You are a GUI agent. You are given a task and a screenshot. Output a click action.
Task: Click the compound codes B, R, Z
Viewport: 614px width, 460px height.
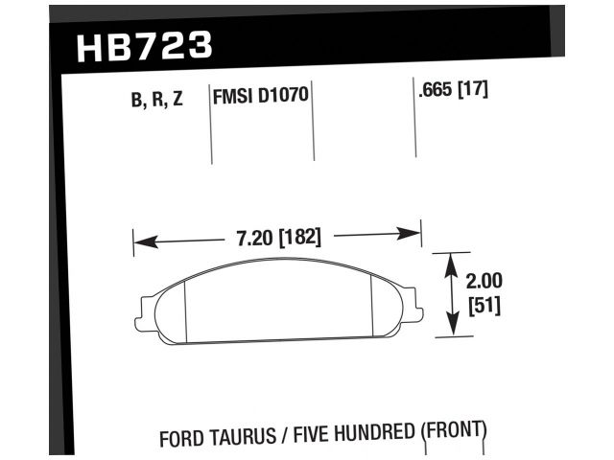pos(156,98)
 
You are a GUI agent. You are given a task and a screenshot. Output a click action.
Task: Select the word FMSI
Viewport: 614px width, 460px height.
pos(233,98)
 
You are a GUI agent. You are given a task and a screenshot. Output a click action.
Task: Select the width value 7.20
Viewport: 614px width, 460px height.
pos(255,236)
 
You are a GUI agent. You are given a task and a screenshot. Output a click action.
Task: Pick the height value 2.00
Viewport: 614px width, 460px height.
pos(484,283)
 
